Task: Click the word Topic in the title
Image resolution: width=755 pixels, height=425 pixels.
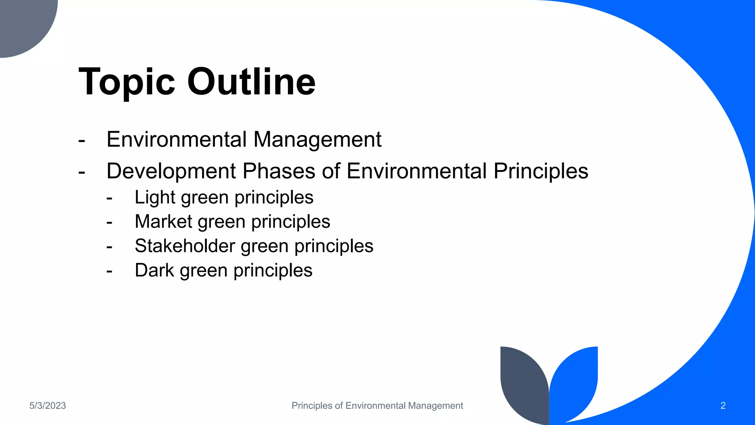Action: pyautogui.click(x=127, y=82)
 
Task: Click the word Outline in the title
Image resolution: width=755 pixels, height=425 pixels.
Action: pyautogui.click(x=251, y=82)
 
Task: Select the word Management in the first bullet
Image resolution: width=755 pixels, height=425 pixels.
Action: pyautogui.click(x=317, y=139)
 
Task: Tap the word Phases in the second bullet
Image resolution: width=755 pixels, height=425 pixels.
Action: pyautogui.click(x=279, y=171)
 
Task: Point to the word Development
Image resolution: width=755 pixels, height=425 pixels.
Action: pyautogui.click(x=171, y=171)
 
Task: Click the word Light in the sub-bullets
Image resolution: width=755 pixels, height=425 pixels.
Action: pyautogui.click(x=155, y=197)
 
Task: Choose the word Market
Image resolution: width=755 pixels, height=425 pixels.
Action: pyautogui.click(x=163, y=222)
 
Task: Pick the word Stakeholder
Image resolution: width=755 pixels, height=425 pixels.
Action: pyautogui.click(x=185, y=246)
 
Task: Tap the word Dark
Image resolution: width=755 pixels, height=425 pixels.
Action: pyautogui.click(x=154, y=270)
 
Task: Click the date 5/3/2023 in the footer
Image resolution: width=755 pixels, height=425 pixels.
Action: pyautogui.click(x=48, y=406)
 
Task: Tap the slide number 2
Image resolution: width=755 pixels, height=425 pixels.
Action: pyautogui.click(x=723, y=406)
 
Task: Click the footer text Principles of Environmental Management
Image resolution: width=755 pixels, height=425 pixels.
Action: pyautogui.click(x=377, y=406)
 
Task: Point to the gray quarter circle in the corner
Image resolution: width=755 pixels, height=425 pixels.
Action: pyautogui.click(x=22, y=22)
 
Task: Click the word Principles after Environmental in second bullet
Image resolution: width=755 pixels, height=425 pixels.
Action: pyautogui.click(x=540, y=171)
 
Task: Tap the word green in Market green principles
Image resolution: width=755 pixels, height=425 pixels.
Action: pyautogui.click(x=222, y=222)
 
